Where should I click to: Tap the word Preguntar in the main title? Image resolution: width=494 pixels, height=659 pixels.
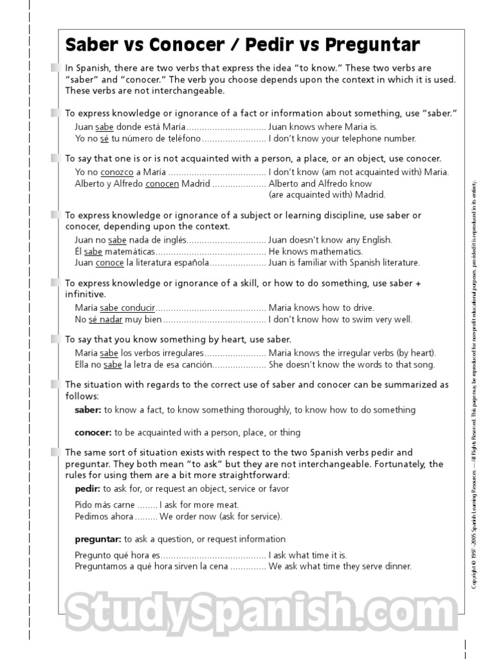tap(372, 45)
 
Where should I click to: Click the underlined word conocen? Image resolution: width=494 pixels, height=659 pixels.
tap(163, 183)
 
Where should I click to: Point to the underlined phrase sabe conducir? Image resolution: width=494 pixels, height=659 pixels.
tap(127, 308)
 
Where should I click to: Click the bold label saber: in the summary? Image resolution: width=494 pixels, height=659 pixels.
tap(88, 410)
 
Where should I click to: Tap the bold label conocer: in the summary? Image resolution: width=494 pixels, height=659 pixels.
tap(93, 432)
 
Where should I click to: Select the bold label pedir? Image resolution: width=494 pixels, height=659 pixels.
tap(87, 489)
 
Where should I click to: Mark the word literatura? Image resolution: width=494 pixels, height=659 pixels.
tap(149, 263)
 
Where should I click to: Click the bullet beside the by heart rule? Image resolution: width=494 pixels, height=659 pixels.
tap(54, 339)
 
